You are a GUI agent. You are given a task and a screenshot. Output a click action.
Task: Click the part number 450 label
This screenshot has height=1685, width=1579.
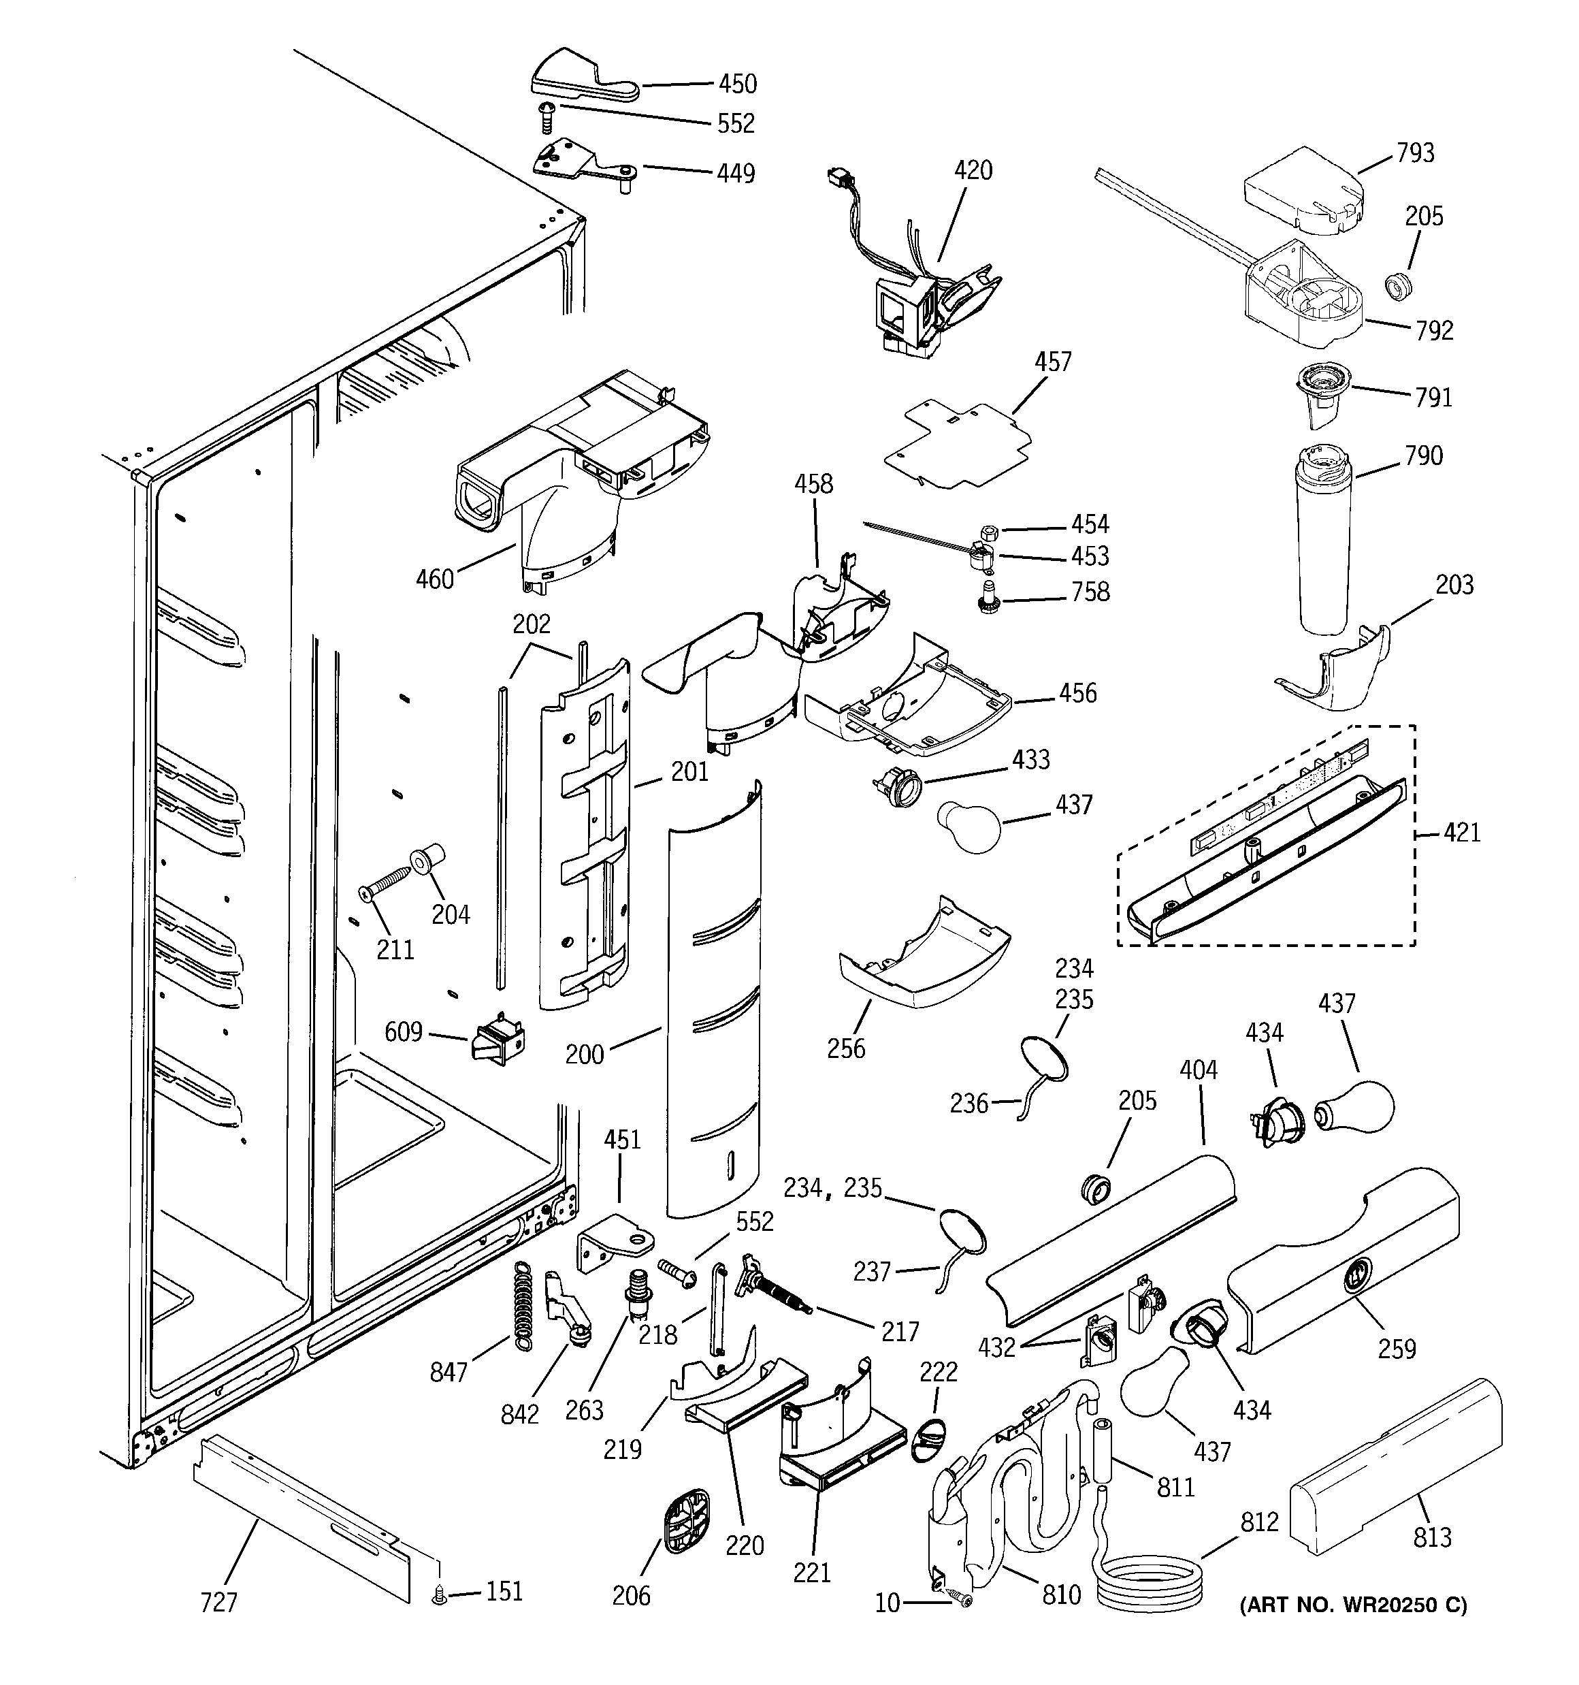(x=736, y=84)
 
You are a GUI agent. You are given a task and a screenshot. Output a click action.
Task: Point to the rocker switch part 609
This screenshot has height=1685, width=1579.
(x=498, y=1038)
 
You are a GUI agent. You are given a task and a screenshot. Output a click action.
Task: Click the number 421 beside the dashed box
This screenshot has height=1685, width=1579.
(x=1461, y=833)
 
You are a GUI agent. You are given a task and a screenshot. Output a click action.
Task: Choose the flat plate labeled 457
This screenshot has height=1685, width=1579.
(x=958, y=445)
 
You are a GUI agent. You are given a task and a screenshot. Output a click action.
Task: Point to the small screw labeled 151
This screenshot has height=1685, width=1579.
(x=439, y=1596)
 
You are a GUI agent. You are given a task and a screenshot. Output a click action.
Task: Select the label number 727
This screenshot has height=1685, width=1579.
(x=218, y=1603)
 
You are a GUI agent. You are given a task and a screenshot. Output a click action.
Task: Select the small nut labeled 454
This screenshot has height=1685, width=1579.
(x=988, y=532)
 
